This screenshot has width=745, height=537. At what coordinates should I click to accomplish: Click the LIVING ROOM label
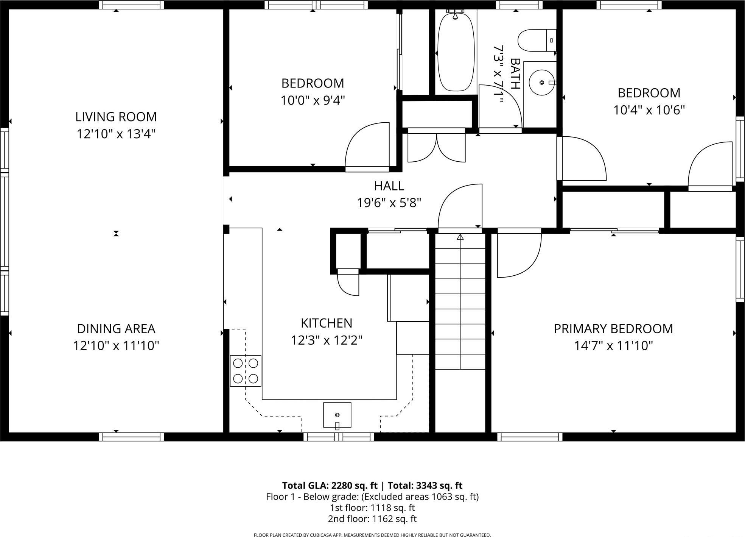116,117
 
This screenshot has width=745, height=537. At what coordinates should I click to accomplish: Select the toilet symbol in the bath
536,41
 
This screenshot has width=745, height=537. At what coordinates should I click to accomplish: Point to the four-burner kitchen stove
246,371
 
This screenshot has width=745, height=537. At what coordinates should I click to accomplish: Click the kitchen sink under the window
337,415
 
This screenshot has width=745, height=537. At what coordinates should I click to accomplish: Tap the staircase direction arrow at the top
460,237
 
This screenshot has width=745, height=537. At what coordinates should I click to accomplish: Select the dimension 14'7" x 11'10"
613,346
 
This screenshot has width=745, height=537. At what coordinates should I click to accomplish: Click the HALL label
389,186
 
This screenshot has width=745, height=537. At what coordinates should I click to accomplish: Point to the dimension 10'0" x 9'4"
313,101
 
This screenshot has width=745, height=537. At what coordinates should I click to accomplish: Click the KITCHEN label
327,323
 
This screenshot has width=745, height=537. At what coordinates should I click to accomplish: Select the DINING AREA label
116,329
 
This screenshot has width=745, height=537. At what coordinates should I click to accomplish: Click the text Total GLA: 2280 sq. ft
330,485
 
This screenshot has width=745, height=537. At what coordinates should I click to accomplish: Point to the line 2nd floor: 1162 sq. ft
372,519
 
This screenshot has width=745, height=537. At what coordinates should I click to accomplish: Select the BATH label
515,73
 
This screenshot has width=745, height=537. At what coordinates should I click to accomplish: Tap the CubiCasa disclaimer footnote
372,535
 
